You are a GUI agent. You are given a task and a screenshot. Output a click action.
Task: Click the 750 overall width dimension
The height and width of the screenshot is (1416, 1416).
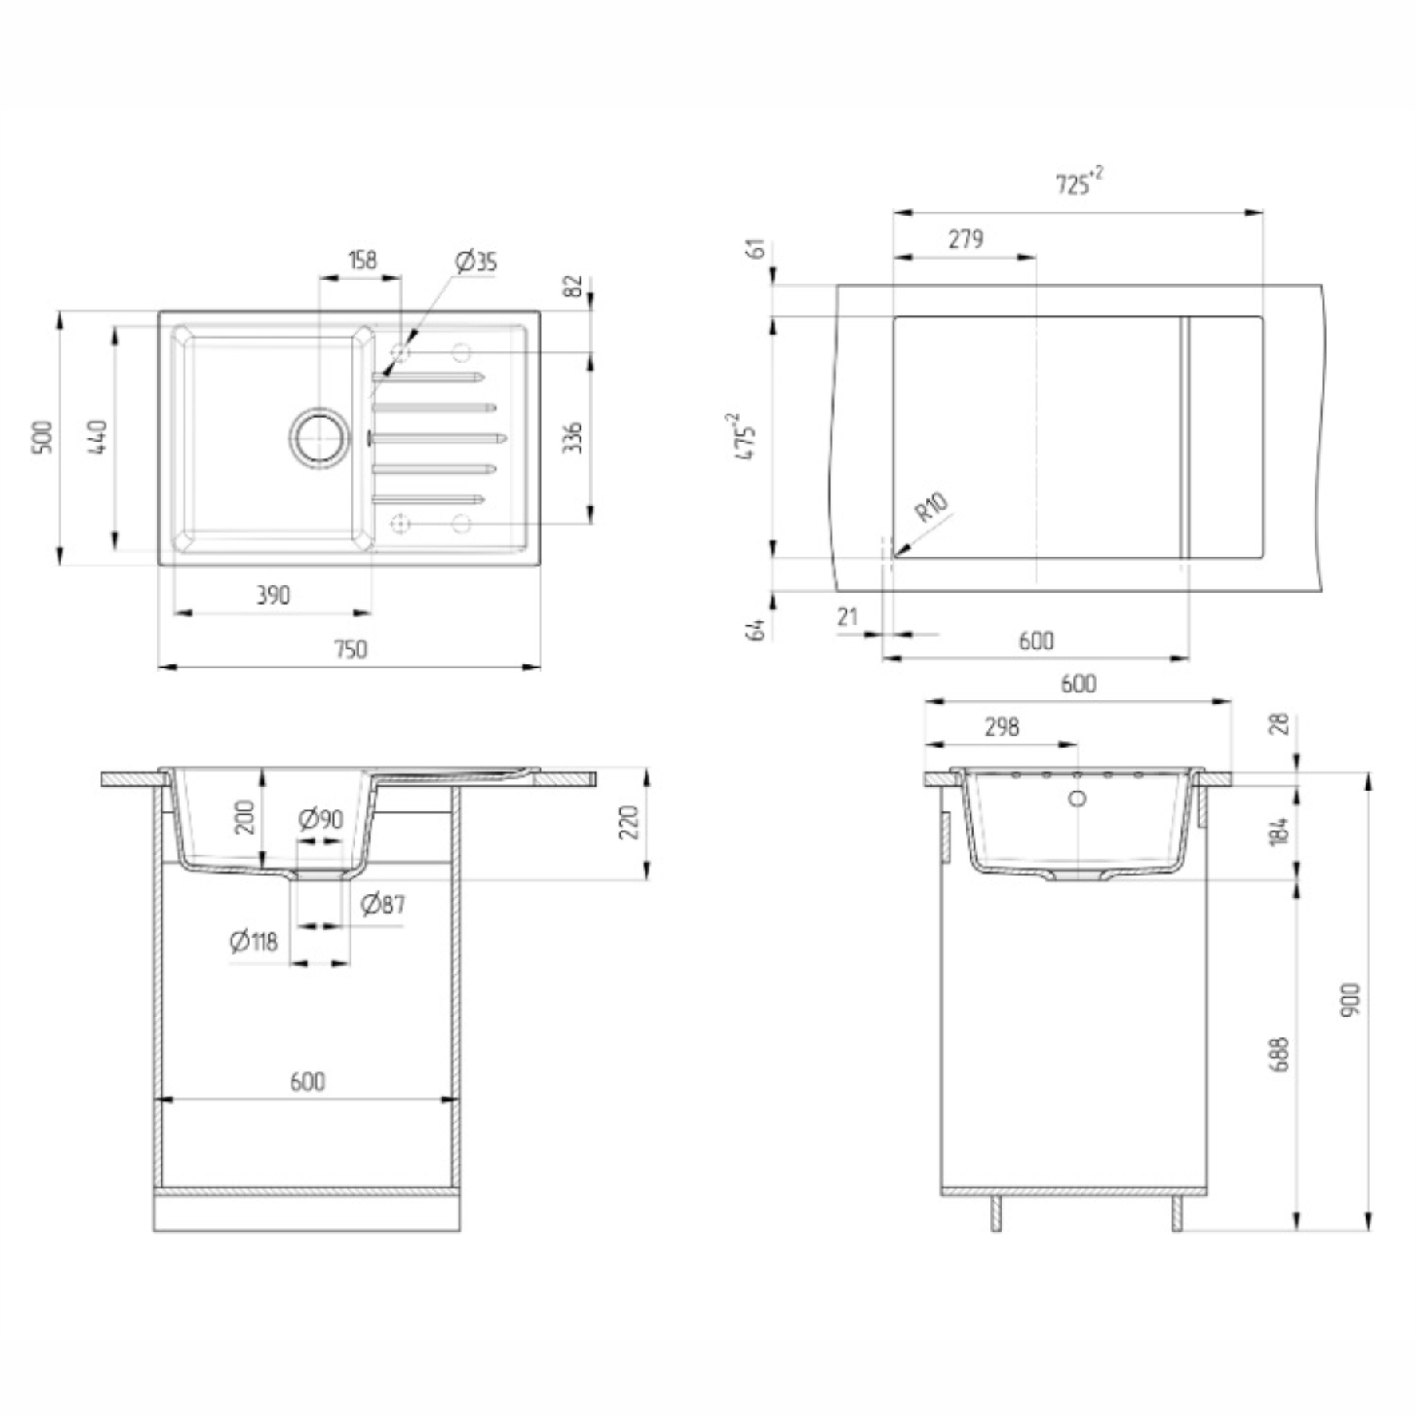(351, 649)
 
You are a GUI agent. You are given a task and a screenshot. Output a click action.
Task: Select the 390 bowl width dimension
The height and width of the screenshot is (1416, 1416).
(272, 595)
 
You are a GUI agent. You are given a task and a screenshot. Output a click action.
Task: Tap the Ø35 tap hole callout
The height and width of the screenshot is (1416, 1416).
(476, 261)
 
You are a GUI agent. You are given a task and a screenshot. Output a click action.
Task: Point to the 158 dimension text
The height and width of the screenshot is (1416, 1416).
(362, 260)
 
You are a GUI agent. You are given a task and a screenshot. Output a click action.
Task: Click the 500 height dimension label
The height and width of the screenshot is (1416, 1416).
(42, 437)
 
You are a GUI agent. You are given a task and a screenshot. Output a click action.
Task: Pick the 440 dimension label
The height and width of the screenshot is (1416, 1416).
(97, 437)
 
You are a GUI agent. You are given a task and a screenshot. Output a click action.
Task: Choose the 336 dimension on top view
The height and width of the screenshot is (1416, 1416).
(573, 438)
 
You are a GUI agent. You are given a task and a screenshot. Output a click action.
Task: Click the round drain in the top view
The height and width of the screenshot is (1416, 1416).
(319, 437)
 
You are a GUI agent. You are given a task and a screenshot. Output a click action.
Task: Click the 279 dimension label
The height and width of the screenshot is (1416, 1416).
(966, 239)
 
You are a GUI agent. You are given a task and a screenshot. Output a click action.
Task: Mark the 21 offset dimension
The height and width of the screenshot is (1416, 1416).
(847, 617)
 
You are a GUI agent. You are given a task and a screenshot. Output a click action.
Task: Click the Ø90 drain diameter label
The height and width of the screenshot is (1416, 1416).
(320, 819)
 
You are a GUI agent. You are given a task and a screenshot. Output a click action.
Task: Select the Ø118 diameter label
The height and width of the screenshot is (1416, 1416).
(254, 942)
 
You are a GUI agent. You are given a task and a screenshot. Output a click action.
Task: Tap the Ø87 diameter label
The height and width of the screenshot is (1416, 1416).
(383, 904)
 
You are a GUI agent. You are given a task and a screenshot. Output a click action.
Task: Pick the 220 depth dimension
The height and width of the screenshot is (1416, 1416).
(629, 823)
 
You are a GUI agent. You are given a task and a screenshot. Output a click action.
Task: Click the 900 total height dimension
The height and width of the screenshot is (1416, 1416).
(1350, 1000)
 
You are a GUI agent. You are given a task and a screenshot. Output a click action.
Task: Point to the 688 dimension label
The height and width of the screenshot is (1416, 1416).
(1279, 1054)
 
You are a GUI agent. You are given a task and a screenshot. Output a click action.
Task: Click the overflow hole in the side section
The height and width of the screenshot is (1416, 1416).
(1077, 798)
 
